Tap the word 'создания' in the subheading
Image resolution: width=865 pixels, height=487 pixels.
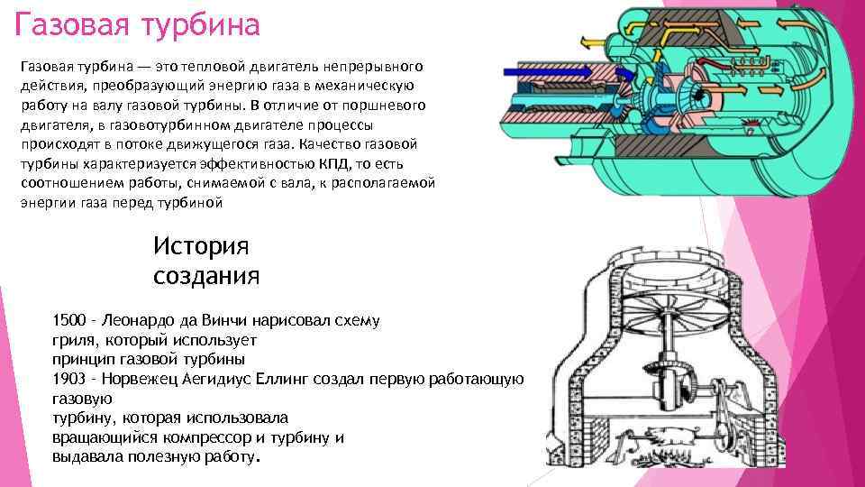[x=206, y=274]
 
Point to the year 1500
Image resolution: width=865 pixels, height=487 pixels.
[x=70, y=321]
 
